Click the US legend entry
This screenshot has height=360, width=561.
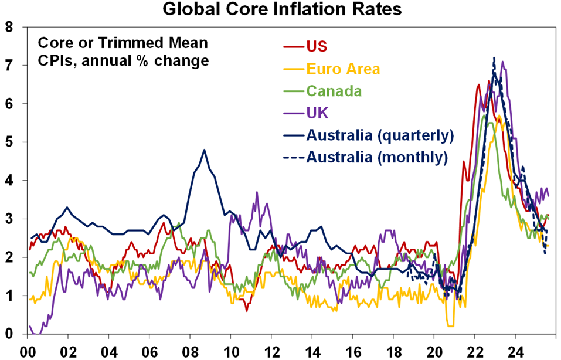point(316,46)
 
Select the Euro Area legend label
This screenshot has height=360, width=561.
point(343,69)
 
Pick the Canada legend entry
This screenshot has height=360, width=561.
point(334,91)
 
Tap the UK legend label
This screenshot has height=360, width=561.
point(317,113)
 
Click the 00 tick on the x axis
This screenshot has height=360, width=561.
point(27,348)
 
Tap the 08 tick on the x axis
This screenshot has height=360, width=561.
point(190,348)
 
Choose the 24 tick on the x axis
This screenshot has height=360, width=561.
point(515,348)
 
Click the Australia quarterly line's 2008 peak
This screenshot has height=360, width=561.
point(204,150)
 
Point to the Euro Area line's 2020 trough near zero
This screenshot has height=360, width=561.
point(450,325)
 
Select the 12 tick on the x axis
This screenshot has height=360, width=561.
point(271,348)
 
